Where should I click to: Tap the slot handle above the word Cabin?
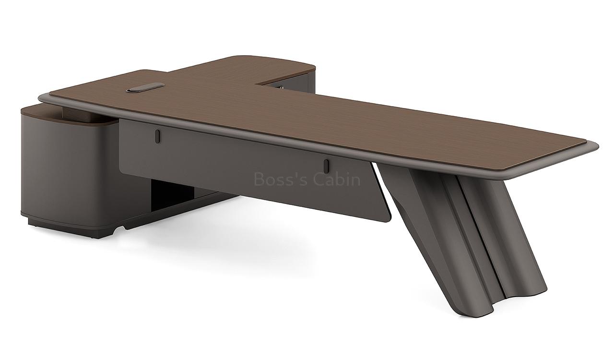pyautogui.click(x=326, y=166)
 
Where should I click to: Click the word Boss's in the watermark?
pyautogui.click(x=281, y=180)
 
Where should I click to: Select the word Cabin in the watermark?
pyautogui.click(x=337, y=180)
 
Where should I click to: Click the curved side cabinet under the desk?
pyautogui.click(x=62, y=168)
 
